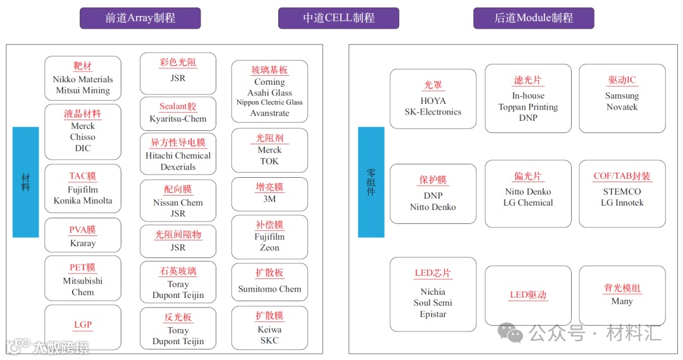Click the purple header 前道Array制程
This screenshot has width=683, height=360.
(140, 18)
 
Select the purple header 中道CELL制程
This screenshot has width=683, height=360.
(338, 18)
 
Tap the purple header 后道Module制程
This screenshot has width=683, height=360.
(533, 18)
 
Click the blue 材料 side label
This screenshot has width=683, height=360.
(26, 182)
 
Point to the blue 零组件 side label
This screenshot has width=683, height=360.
(371, 182)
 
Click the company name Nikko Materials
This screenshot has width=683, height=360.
(83, 79)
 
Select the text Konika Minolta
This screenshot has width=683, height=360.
(83, 201)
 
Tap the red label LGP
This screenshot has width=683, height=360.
(83, 325)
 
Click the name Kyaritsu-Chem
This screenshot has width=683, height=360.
(178, 119)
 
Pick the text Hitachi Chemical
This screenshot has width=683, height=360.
(178, 156)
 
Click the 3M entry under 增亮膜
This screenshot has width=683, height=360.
(269, 199)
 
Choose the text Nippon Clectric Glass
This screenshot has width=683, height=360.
(269, 102)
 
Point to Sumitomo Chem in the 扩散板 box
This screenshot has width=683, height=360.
(269, 289)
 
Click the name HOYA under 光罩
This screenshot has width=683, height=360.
(433, 101)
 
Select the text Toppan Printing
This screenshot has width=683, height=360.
(528, 107)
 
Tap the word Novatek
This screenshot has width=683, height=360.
(622, 107)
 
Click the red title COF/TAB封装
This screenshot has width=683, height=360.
(622, 177)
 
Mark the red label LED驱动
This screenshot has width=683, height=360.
(528, 295)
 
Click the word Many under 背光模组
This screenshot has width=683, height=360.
(622, 301)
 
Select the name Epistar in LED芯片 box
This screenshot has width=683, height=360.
(433, 314)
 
